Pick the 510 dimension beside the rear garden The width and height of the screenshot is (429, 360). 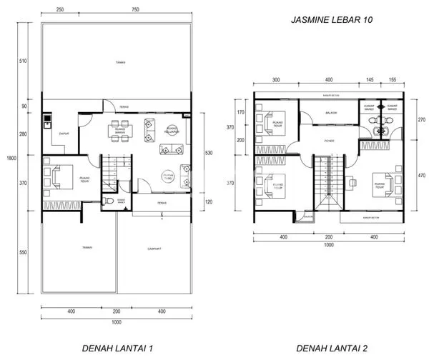pos(24,61)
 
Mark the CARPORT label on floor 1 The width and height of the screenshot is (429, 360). pos(153,249)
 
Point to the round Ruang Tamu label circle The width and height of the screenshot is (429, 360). pos(169,176)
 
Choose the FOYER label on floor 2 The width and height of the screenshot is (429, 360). pos(328,141)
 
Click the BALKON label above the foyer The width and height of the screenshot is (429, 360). pos(331,112)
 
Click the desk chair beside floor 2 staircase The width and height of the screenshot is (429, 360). pos(352,182)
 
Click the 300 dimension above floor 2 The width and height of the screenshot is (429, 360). pos(275,79)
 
